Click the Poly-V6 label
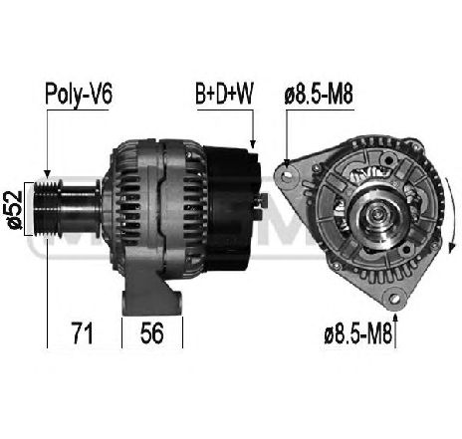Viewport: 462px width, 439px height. click(79, 96)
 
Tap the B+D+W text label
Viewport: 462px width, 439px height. click(224, 96)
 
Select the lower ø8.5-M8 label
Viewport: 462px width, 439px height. click(350, 330)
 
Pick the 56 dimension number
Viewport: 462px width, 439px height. click(151, 329)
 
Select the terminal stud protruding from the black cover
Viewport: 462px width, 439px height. click(264, 202)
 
